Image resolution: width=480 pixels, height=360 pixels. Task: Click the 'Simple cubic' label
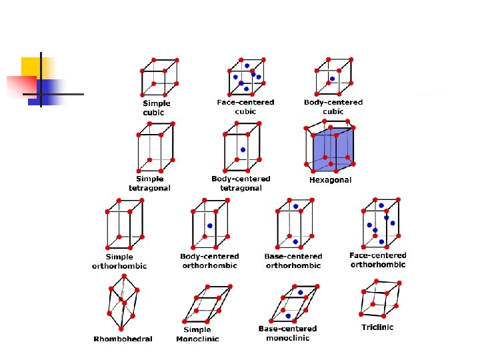click(157, 108)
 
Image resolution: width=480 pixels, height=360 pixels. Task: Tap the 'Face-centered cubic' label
click(245, 107)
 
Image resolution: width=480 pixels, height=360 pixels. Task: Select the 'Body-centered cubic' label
click(333, 107)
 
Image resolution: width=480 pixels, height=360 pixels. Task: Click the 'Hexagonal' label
click(330, 180)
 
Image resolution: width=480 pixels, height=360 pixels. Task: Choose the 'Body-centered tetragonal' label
click(241, 183)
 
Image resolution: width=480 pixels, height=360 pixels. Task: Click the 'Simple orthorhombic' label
click(119, 261)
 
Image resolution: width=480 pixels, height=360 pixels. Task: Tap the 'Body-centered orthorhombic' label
click(209, 261)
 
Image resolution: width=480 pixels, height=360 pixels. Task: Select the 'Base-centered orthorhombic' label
click(293, 261)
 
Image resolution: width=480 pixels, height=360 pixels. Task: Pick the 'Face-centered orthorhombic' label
click(377, 260)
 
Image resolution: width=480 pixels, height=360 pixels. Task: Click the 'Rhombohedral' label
click(123, 339)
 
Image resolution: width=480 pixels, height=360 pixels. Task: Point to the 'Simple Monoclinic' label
click(197, 334)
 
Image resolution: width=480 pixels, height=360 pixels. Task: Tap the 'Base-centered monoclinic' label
click(287, 333)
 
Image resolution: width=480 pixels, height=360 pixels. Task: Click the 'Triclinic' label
click(377, 327)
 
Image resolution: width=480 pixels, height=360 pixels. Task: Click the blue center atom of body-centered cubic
click(332, 78)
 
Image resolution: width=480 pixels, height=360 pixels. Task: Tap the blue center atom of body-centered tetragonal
click(243, 149)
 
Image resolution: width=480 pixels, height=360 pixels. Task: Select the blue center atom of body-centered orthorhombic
click(209, 225)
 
